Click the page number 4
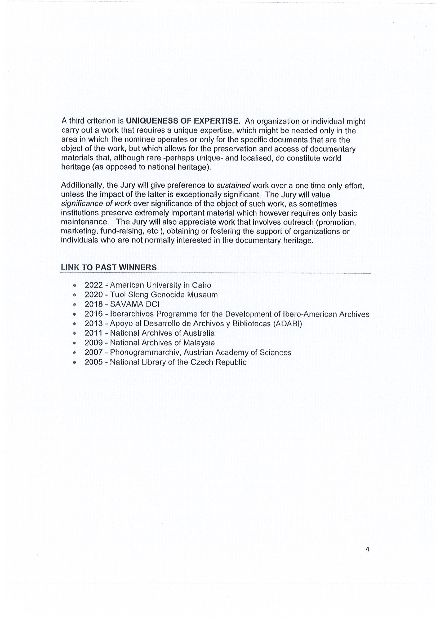pos(367,542)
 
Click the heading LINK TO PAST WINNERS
pos(109,267)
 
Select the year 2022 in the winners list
pos(94,285)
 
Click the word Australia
pos(199,333)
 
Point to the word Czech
pos(202,362)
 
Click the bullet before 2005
pos(74,362)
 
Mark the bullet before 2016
pos(74,314)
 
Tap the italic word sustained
pos(233,186)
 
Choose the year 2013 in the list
pos(94,323)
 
